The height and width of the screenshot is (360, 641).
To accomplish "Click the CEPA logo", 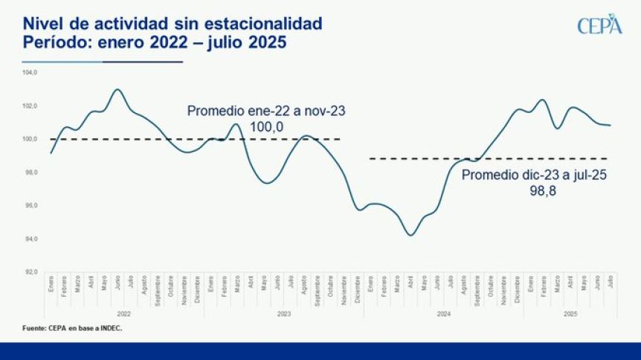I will [x=599, y=24].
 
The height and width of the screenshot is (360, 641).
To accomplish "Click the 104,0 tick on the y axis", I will [x=30, y=73].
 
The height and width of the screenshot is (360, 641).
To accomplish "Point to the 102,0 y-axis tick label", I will [x=30, y=106].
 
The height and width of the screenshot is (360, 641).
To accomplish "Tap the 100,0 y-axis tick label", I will [x=30, y=139].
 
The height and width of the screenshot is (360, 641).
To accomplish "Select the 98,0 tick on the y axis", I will [x=30, y=173].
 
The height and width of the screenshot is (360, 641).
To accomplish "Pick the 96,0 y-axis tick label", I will [x=30, y=206].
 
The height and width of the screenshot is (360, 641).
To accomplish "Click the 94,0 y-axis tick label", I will [x=30, y=240].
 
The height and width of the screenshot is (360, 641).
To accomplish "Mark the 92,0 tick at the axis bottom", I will [x=30, y=272].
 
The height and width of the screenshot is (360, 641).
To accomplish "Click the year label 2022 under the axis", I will [x=123, y=315].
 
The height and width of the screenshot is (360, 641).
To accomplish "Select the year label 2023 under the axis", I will [x=283, y=315].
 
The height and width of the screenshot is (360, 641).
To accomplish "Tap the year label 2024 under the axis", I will [x=443, y=315].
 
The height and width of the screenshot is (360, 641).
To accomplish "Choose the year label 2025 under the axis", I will [x=570, y=315].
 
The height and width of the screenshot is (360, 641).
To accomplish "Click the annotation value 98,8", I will [x=542, y=191].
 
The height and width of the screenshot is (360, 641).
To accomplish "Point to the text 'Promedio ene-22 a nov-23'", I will [x=266, y=111].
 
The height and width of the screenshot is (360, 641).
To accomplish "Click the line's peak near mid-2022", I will [x=117, y=89].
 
